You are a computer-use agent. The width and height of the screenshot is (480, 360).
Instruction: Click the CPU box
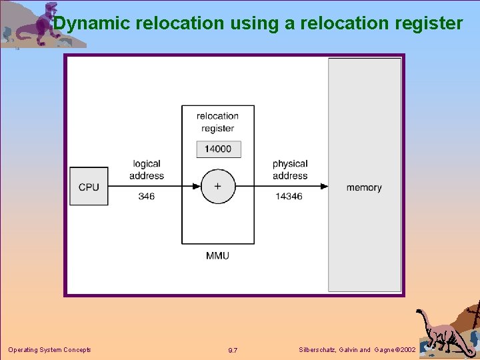tap(89, 187)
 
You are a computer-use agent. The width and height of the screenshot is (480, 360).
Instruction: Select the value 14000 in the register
tap(218, 149)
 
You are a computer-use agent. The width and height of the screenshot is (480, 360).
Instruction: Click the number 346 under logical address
tap(147, 197)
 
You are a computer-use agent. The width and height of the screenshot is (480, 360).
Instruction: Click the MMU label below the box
tap(217, 255)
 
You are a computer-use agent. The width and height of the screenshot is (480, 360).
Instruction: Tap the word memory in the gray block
tap(364, 187)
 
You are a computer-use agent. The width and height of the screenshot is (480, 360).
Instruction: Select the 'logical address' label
tap(147, 169)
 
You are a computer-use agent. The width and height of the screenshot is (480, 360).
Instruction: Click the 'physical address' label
tap(290, 169)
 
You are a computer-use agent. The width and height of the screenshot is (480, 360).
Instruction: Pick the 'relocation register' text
tap(217, 122)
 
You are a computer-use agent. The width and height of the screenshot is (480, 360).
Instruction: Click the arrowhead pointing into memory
tap(325, 187)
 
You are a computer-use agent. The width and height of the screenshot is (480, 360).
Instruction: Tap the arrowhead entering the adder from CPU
tap(198, 187)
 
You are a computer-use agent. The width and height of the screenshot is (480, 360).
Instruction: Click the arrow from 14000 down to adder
tap(217, 163)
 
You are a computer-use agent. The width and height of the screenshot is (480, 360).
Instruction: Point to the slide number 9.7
tap(233, 351)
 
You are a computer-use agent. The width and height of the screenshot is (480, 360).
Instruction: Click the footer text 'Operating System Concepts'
tap(49, 350)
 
